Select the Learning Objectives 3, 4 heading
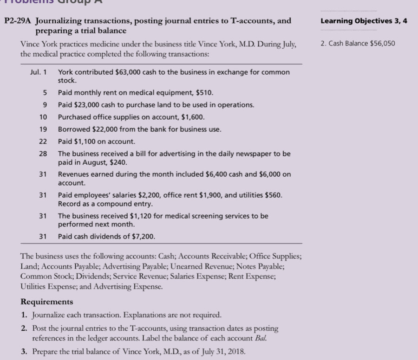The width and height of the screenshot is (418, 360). [x=364, y=21]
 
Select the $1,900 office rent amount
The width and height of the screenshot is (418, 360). [x=207, y=195]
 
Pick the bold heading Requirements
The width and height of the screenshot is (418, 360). [x=47, y=302]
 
